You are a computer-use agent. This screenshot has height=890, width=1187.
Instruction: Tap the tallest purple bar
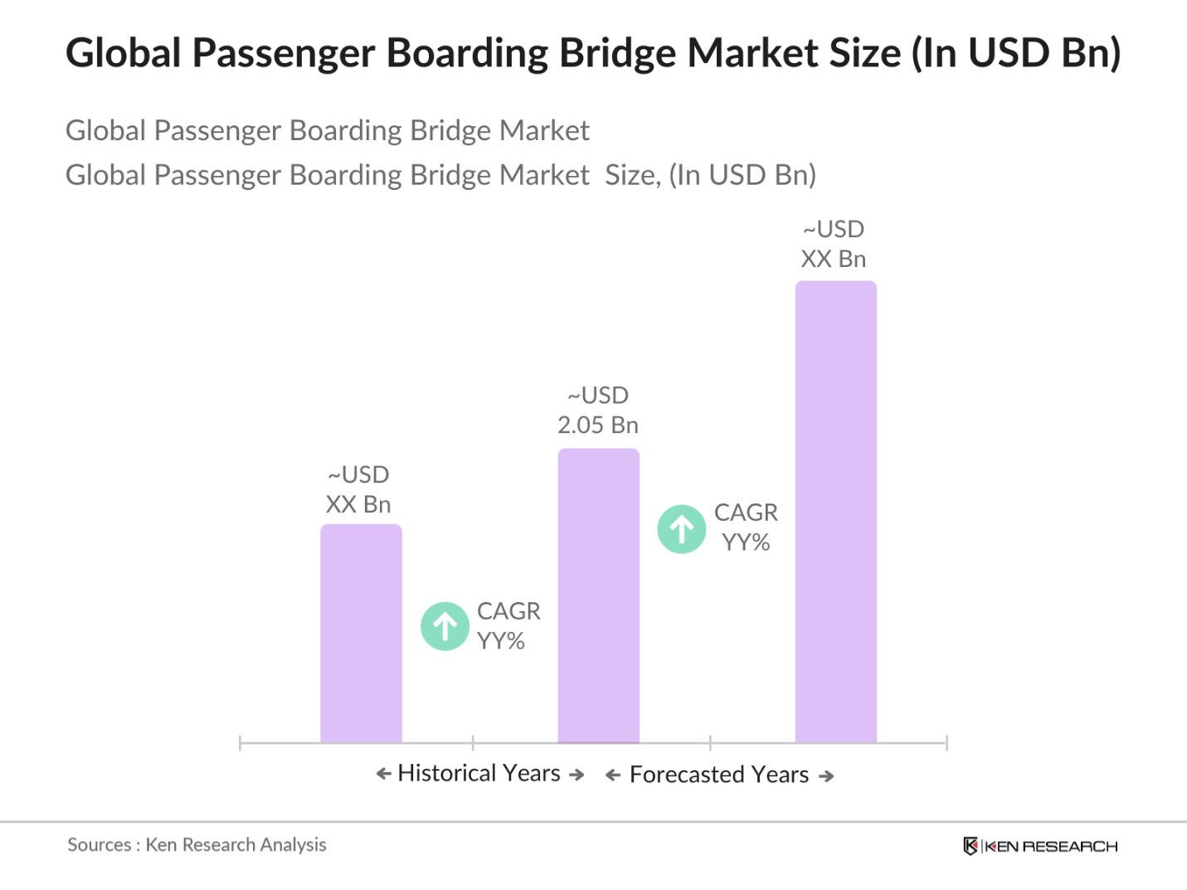coord(835,511)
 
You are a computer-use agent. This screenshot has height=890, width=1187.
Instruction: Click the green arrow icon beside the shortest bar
coord(445,626)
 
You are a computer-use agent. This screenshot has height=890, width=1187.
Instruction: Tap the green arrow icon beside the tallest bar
coord(682,529)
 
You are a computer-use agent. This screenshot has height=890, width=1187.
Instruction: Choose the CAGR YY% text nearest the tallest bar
coord(746,528)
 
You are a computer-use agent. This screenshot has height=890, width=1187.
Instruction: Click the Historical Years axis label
coord(479,773)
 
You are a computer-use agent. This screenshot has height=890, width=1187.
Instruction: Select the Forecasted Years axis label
coord(719,775)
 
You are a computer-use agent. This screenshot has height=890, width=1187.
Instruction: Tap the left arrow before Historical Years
coord(383,774)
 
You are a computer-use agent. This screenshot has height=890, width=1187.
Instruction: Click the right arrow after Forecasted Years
coord(826,776)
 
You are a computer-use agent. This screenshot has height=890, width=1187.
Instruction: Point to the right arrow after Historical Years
coord(576,775)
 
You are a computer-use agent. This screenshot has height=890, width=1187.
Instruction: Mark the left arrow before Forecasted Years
coord(613,776)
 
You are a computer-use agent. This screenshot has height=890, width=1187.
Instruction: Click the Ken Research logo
coord(1040,846)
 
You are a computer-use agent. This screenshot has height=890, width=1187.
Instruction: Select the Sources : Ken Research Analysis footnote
coord(197,845)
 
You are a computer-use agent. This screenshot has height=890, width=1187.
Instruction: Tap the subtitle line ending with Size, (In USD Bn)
coord(440,175)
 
